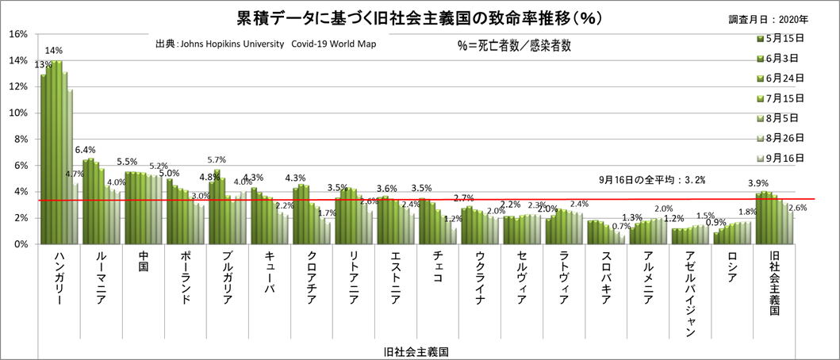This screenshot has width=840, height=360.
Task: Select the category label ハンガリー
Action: tap(61, 281)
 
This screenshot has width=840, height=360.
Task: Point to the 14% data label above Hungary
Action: tap(54, 50)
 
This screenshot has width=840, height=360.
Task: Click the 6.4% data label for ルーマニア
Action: tap(85, 149)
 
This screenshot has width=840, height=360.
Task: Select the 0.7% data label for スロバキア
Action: tap(621, 226)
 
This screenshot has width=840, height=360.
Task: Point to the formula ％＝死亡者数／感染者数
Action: tap(514, 47)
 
